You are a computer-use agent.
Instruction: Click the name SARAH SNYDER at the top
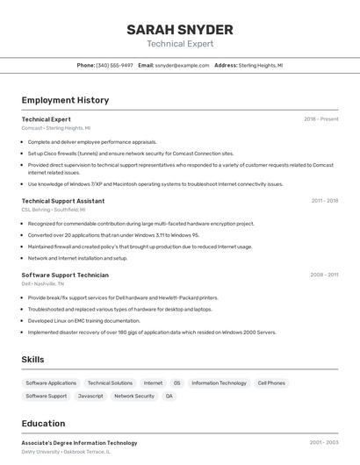point(180,29)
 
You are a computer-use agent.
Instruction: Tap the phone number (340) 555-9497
point(115,66)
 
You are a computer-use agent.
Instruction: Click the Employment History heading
point(65,100)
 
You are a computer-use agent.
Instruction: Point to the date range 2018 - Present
point(321,119)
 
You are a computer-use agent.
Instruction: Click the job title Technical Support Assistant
point(63,201)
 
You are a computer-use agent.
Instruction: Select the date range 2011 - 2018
point(324,201)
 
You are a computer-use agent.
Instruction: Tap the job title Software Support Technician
point(65,275)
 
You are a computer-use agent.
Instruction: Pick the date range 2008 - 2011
point(324,275)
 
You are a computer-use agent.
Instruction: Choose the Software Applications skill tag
point(51,383)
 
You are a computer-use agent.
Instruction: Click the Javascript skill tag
point(90,397)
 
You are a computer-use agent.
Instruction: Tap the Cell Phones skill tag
point(271,383)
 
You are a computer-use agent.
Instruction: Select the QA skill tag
point(169,397)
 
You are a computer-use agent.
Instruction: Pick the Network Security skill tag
point(134,397)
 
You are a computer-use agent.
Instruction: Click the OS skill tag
point(176,383)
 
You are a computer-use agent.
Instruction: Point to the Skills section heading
point(33,360)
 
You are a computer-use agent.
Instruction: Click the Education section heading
point(44,424)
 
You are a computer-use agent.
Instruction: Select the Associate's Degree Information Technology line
point(79,443)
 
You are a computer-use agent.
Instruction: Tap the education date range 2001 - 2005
point(324,443)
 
